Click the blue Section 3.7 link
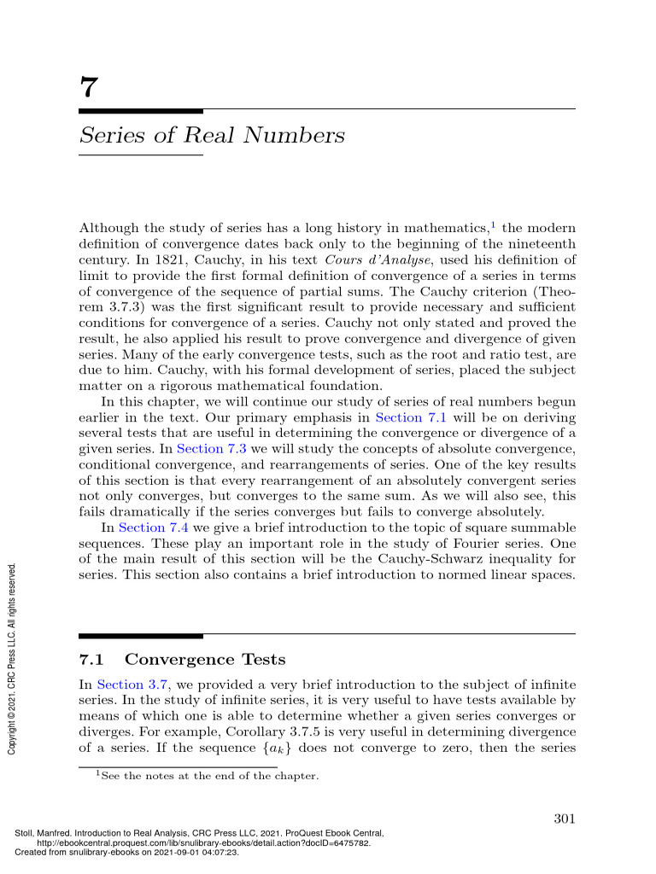pos(128,684)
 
